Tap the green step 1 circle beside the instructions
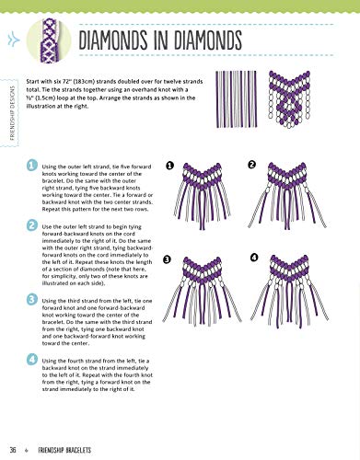point(33,167)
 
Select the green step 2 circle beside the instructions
point(33,225)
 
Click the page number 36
point(12,449)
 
